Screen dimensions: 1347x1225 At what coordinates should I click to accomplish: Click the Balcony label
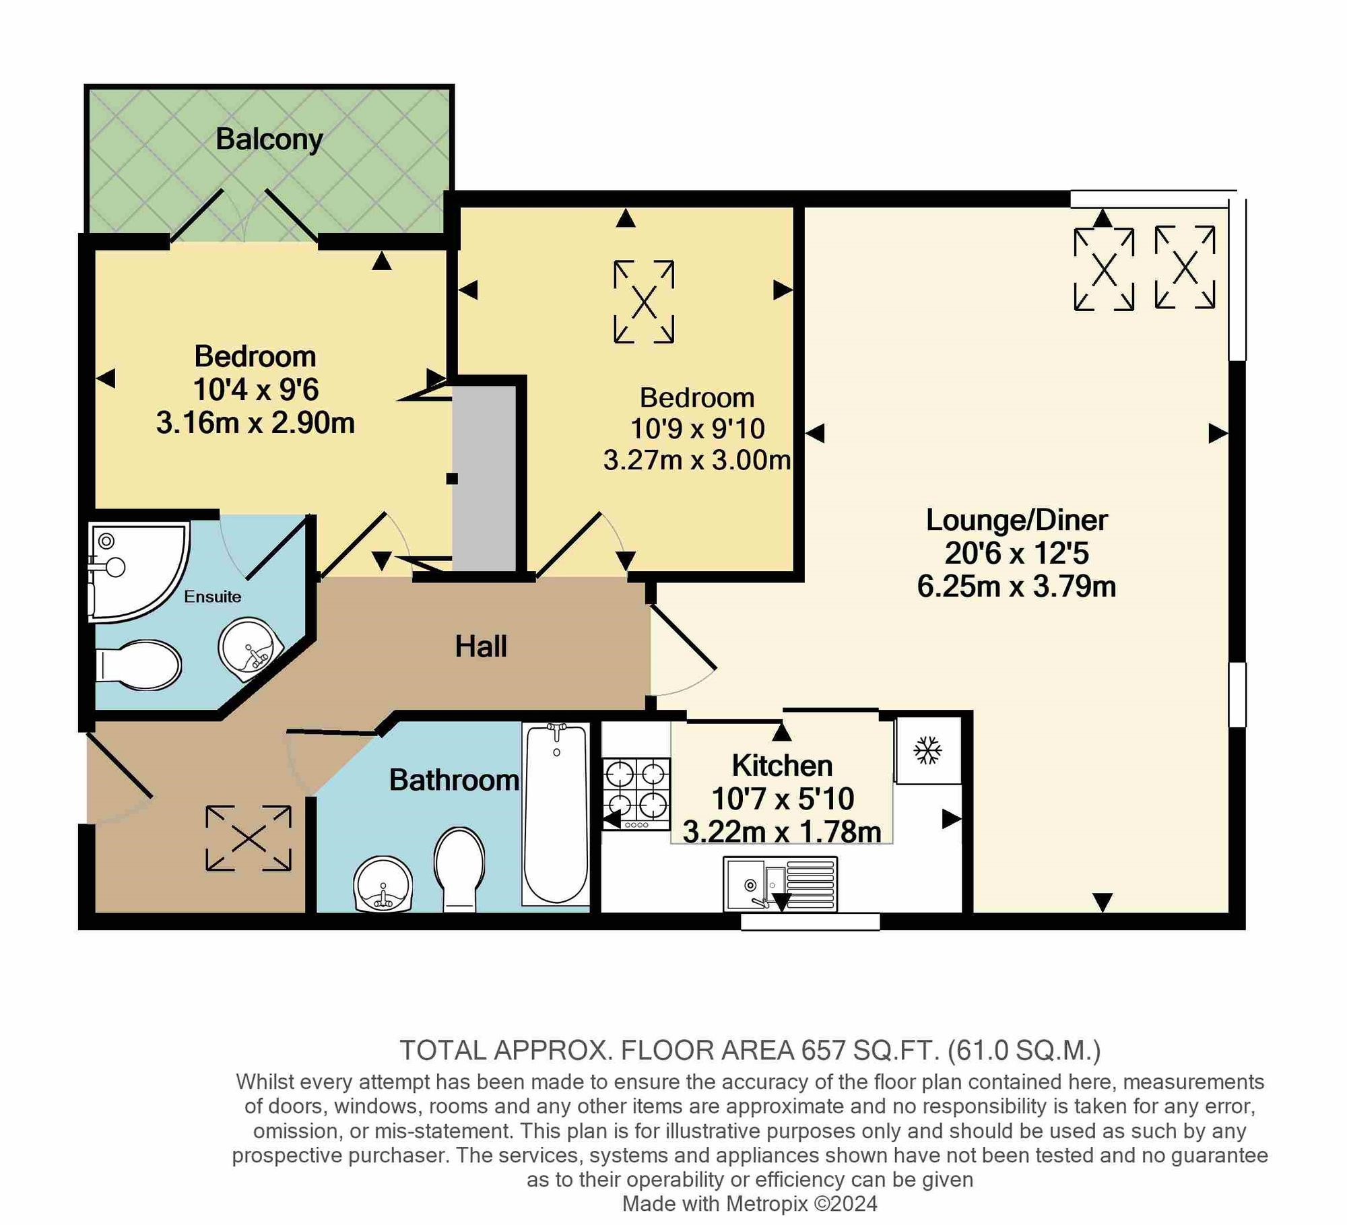pos(269,139)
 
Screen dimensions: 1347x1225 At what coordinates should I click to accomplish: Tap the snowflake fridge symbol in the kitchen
pos(927,750)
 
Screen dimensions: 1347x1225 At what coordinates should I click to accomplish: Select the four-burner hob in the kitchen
pos(636,793)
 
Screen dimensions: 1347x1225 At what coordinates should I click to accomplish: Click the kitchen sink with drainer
pos(781,884)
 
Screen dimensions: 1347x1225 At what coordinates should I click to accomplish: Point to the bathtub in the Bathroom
pos(556,814)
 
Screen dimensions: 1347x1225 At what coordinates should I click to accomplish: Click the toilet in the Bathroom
pos(459,869)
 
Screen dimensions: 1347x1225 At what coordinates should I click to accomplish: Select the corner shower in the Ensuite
pos(139,572)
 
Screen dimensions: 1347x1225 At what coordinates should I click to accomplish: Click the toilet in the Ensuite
pos(139,665)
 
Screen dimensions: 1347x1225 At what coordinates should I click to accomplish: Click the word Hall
pos(481,647)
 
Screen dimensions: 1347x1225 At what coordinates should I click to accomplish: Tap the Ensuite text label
pos(213,597)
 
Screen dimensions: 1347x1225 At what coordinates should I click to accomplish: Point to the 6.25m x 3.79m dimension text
pos(1016,587)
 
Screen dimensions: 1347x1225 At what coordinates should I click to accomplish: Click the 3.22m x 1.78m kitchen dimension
pos(782,832)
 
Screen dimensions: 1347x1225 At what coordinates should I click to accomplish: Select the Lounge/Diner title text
pos(1016,520)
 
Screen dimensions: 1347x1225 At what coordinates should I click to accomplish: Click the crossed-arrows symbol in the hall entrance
pos(249,838)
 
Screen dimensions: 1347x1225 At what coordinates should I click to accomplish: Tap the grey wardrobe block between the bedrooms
pos(484,477)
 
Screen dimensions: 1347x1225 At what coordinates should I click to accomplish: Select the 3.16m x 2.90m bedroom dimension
pos(255,423)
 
